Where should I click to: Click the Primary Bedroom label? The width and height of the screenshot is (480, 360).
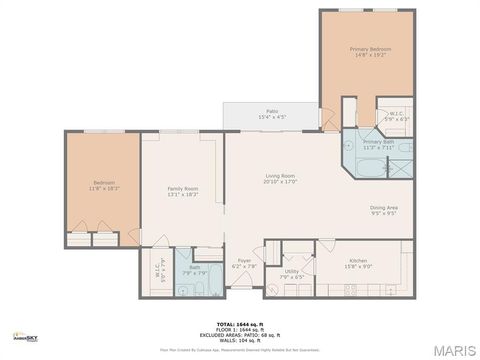369,49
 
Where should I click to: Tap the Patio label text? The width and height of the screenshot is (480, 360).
271,111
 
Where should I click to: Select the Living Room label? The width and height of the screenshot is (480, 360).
280,176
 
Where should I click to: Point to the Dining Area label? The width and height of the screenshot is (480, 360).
384,207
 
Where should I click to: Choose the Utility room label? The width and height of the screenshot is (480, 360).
292,271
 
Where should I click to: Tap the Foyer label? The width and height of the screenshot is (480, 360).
243,262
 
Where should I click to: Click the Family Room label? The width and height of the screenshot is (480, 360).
182,189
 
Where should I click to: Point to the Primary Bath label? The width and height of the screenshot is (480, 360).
378,142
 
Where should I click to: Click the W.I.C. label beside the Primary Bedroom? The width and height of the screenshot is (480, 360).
395,113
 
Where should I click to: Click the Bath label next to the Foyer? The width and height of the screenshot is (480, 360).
194,267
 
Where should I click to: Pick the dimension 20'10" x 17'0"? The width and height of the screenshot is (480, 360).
280,182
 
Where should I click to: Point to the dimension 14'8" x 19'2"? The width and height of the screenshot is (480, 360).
369,55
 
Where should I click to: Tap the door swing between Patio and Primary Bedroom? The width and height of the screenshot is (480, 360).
327,121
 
